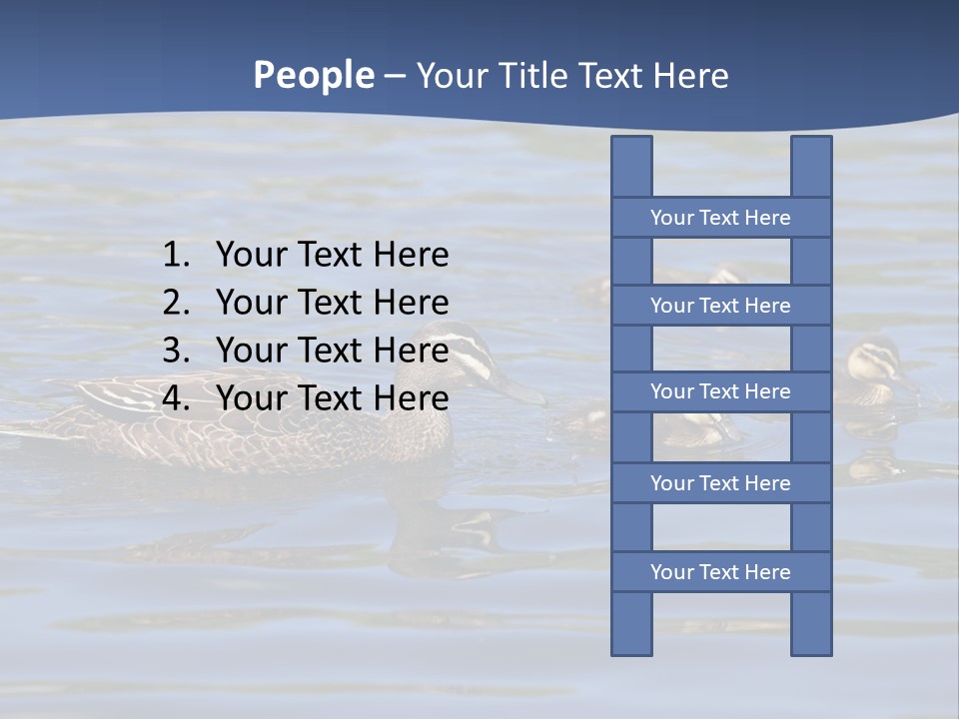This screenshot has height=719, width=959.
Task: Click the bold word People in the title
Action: click(x=313, y=76)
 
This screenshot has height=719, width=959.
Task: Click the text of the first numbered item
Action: click(x=332, y=256)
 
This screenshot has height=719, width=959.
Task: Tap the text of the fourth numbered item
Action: click(x=332, y=398)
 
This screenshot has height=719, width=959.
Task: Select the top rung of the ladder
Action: click(x=720, y=218)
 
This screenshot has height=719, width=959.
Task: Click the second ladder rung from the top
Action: click(x=720, y=306)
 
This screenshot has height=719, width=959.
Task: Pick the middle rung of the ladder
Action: click(x=720, y=391)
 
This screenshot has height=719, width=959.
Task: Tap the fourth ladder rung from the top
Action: click(x=720, y=483)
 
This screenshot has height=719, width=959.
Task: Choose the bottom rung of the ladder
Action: click(x=720, y=572)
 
